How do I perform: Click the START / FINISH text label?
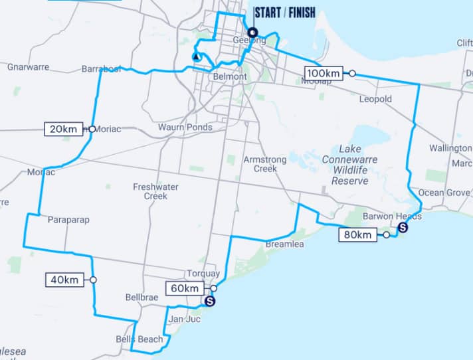point(285,12)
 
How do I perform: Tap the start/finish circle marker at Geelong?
point(252,33)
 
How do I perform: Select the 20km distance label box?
point(64,129)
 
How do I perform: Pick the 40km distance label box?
point(65,280)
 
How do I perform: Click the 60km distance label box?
point(184,288)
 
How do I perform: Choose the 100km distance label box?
point(324,73)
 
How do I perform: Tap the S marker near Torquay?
point(210,302)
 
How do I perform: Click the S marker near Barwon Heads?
point(402,228)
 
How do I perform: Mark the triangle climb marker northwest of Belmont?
point(196,57)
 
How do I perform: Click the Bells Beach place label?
point(141,339)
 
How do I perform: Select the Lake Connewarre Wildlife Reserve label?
point(350,165)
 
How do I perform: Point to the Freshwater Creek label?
point(155,191)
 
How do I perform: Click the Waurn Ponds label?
point(185,127)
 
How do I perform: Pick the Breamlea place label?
point(283,245)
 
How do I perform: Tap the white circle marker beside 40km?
point(93,280)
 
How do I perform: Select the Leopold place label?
point(375,99)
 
